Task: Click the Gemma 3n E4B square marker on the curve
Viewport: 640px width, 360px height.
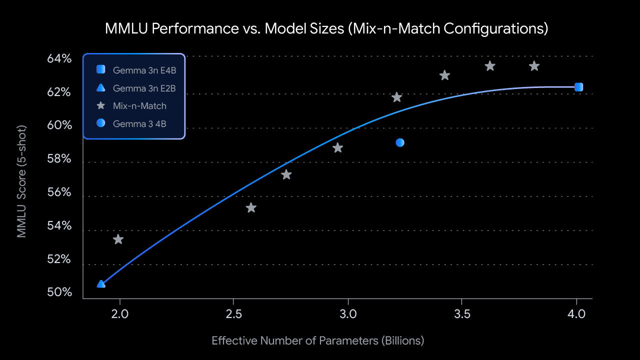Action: pos(578,87)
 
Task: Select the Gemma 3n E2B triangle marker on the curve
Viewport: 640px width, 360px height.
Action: pos(101,284)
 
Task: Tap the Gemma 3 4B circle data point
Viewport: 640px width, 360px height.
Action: pos(400,142)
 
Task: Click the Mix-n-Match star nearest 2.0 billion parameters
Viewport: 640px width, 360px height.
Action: pos(118,239)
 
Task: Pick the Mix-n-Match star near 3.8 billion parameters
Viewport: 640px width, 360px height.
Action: pos(534,66)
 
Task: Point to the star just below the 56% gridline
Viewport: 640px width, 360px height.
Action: pos(251,208)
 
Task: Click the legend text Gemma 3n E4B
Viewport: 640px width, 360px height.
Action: pos(144,70)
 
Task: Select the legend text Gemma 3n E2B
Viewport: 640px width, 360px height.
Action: pos(144,88)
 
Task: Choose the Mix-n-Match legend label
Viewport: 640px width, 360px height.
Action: pos(139,105)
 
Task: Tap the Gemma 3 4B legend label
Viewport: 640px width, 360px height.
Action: pos(139,123)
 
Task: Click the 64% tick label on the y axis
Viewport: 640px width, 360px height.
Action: pos(59,59)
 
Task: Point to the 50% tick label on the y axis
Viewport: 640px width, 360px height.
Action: pos(59,292)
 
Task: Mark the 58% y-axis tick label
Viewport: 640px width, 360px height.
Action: pos(59,159)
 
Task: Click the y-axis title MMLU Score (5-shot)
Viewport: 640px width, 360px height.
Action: pos(21,181)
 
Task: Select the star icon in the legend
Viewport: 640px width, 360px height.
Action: pos(101,105)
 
